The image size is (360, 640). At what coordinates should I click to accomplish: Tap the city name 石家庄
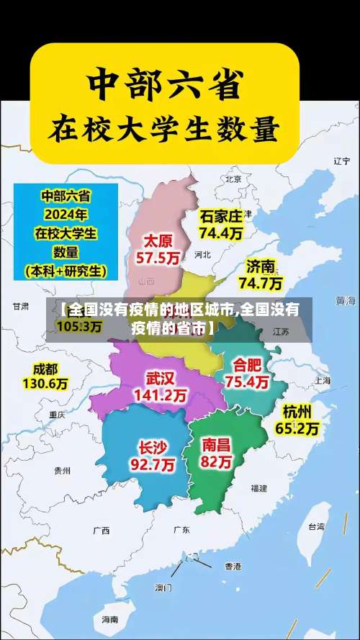pyautogui.click(x=221, y=216)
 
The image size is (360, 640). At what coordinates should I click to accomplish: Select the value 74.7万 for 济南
pyautogui.click(x=261, y=283)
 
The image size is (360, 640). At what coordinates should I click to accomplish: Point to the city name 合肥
pyautogui.click(x=247, y=364)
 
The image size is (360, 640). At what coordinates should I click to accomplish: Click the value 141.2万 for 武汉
pyautogui.click(x=161, y=395)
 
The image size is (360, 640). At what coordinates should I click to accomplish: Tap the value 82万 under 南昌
pyautogui.click(x=217, y=461)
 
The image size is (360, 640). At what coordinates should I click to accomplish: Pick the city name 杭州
pyautogui.click(x=297, y=412)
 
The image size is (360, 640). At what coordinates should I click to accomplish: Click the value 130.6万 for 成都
pyautogui.click(x=45, y=384)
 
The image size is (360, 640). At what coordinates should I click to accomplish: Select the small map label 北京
pyautogui.click(x=233, y=179)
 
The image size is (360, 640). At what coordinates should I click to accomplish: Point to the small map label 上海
pyautogui.click(x=321, y=381)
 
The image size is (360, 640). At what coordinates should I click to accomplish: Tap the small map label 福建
pyautogui.click(x=258, y=488)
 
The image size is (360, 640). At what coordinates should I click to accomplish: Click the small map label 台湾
pyautogui.click(x=316, y=527)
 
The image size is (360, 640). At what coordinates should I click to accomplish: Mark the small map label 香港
pyautogui.click(x=233, y=567)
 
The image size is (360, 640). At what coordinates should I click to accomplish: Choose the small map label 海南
pyautogui.click(x=109, y=618)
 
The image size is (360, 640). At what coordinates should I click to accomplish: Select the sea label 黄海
pyautogui.click(x=346, y=299)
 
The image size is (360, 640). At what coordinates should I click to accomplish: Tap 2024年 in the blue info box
pyautogui.click(x=66, y=215)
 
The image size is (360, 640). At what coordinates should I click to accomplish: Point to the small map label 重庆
pyautogui.click(x=57, y=415)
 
